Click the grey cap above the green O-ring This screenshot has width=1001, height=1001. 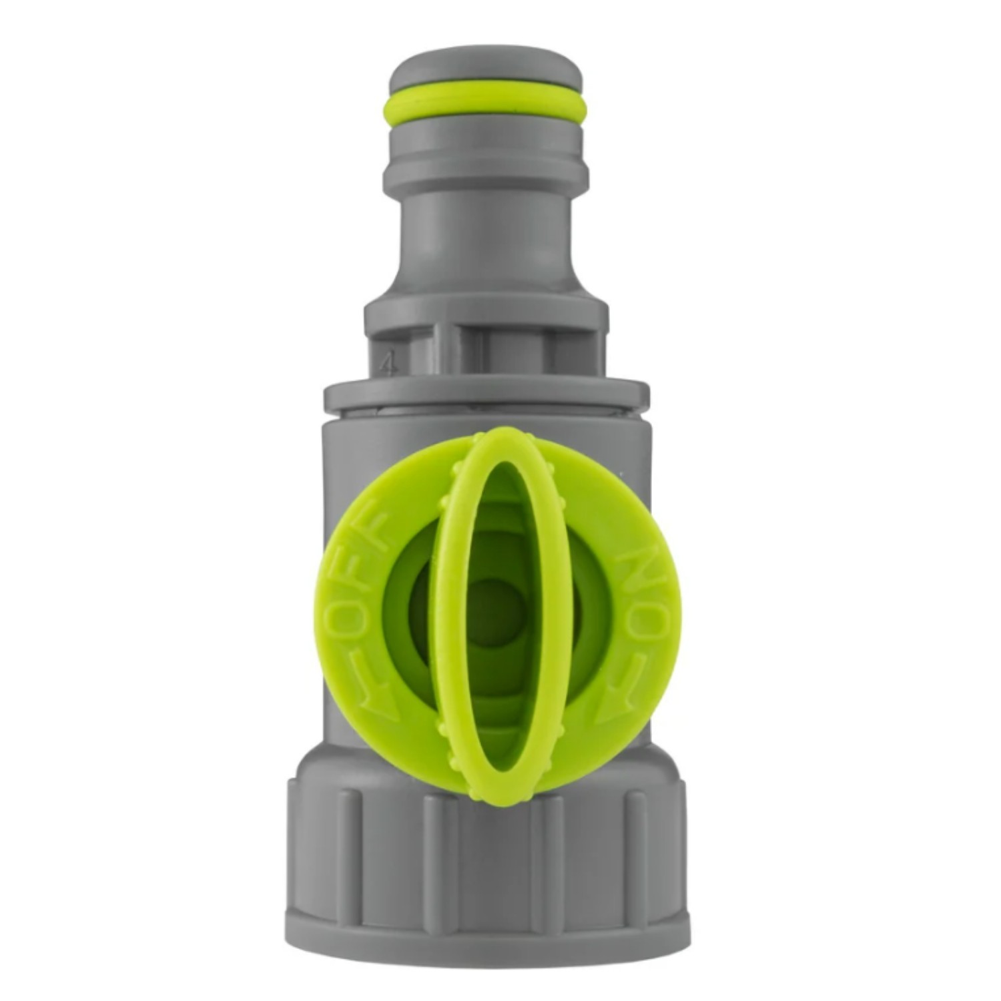486,70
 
